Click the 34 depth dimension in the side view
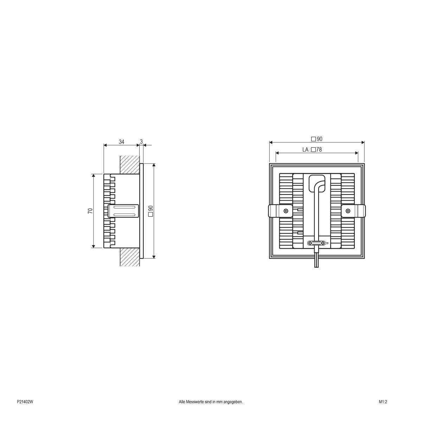121,142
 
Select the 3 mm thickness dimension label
141,142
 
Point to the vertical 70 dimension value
90,211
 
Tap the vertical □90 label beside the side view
150,211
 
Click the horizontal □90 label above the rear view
316,139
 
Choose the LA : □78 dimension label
312,149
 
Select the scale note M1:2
383,402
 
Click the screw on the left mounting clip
286,211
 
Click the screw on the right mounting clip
348,211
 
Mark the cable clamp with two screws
317,243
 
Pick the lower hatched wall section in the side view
129,257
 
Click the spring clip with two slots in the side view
123,211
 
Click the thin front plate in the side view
141,211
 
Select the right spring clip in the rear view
353,211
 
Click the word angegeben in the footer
234,402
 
